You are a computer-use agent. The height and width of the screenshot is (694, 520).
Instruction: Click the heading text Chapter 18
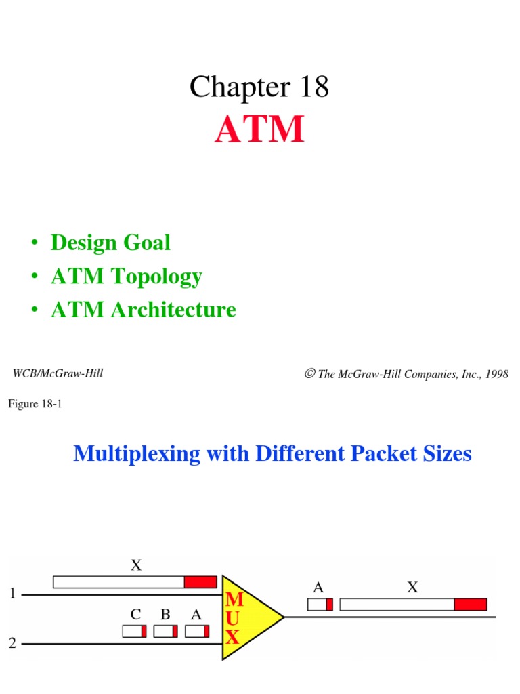(259, 87)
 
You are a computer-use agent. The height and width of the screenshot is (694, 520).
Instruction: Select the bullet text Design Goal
(110, 243)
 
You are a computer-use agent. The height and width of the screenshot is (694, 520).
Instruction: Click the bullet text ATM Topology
(126, 277)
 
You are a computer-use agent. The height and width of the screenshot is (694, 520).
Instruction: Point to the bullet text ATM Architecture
(143, 310)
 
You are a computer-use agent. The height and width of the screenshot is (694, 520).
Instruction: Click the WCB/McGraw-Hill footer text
(58, 373)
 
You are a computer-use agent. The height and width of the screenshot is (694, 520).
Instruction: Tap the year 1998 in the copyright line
(495, 374)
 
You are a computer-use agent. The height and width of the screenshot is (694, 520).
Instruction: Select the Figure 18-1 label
(35, 405)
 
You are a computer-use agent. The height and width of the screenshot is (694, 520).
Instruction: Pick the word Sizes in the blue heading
(444, 453)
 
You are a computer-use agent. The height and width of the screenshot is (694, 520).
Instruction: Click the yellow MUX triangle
(247, 617)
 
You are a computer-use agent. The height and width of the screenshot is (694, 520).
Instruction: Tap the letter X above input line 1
(136, 565)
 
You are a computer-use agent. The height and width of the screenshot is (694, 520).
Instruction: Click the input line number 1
(12, 594)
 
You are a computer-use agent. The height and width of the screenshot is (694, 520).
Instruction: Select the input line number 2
(12, 643)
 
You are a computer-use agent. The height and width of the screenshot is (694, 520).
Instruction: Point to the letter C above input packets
(136, 615)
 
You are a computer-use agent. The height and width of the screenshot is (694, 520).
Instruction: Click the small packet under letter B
(165, 631)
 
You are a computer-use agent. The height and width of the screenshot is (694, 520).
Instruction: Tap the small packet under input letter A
(196, 631)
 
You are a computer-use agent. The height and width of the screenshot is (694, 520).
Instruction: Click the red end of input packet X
(200, 581)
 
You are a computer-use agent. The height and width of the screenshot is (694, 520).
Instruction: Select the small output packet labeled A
(320, 604)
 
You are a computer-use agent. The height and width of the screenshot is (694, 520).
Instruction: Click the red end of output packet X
(470, 604)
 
